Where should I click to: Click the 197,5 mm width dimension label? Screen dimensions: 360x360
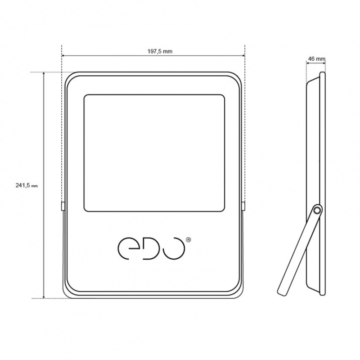pos(160,51)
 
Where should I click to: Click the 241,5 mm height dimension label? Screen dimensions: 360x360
pos(27,185)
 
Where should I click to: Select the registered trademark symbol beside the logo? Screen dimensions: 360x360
pos(188,240)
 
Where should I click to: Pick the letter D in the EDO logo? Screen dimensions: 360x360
pos(150,249)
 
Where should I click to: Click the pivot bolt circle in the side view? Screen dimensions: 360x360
pos(317,210)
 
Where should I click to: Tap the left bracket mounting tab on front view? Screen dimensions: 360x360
pos(63,206)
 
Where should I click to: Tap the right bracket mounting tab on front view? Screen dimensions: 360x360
pos(243,206)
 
